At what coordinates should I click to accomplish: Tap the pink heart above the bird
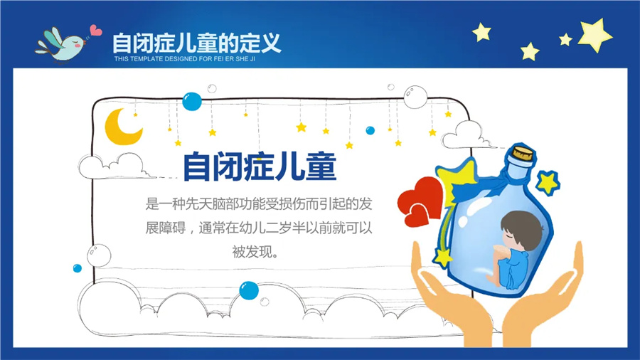point(95,31)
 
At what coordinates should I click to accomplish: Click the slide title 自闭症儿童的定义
point(196,42)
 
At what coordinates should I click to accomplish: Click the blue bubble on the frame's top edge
point(192,101)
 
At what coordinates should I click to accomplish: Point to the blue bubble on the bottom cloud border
point(249,290)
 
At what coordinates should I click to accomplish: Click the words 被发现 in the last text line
point(253,251)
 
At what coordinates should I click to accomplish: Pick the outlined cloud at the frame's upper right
point(463,131)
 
